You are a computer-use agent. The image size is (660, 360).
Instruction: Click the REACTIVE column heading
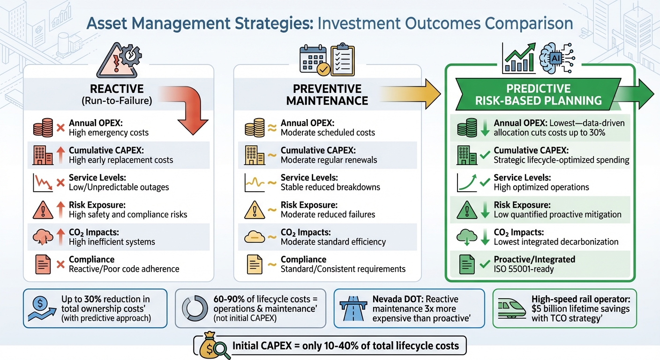117,89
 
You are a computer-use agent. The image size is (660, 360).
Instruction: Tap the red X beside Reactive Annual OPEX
60,127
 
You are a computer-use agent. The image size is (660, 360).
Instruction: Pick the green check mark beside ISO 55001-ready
485,264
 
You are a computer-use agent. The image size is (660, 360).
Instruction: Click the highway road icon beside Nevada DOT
353,308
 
